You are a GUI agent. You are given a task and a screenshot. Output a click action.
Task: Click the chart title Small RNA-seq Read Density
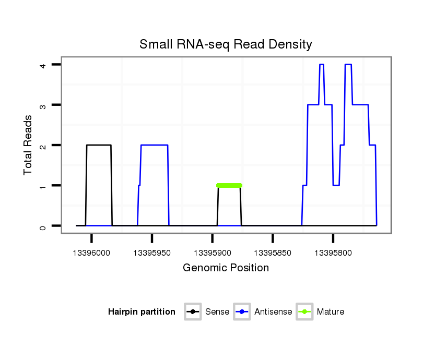click(x=226, y=44)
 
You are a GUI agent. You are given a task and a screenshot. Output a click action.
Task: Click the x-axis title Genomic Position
click(x=226, y=268)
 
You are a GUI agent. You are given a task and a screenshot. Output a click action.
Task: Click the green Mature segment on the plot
click(x=229, y=185)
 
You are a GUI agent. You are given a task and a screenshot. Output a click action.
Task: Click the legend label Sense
click(x=217, y=312)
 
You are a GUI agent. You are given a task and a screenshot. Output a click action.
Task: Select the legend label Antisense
click(x=273, y=312)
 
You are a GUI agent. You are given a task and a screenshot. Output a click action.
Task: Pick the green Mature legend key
click(x=304, y=312)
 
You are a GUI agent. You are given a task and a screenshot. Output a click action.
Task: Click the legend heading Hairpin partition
click(x=142, y=312)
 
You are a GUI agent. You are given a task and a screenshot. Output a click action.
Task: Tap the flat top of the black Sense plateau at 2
click(x=99, y=145)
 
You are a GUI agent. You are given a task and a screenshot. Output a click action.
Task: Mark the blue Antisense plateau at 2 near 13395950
click(x=154, y=145)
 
